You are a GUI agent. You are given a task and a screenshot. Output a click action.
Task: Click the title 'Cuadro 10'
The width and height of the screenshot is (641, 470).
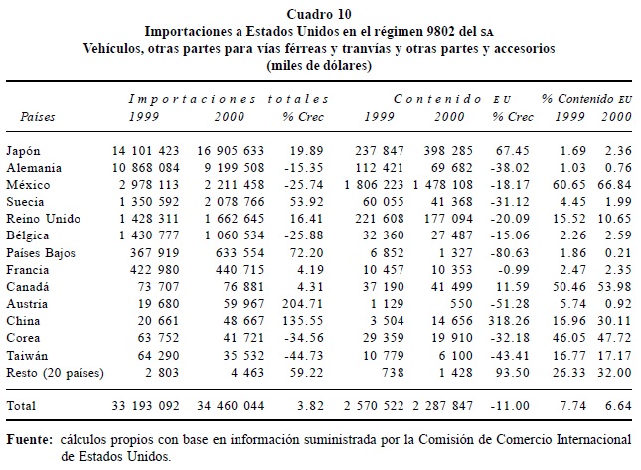(319, 14)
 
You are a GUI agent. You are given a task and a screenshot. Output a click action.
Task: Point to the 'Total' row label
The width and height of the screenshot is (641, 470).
(23, 405)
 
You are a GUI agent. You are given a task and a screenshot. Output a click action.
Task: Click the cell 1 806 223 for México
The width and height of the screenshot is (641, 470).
(381, 185)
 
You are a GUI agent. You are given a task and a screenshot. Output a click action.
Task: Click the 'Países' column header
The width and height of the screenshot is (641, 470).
(39, 117)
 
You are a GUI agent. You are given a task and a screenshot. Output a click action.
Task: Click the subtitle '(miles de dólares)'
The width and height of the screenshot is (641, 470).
(319, 65)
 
